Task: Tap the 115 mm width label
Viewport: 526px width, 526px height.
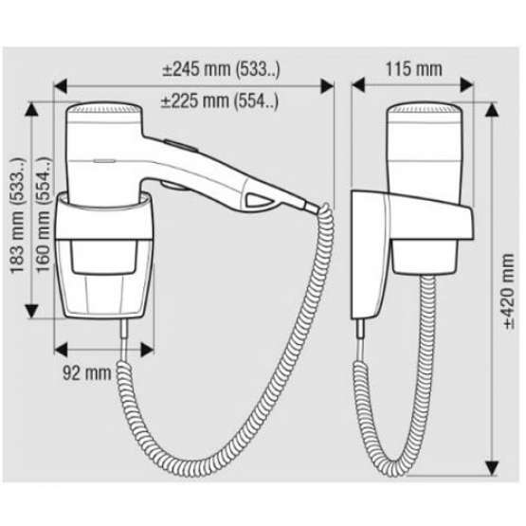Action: click(x=414, y=68)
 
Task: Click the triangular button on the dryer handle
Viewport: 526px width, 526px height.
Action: click(x=257, y=200)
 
